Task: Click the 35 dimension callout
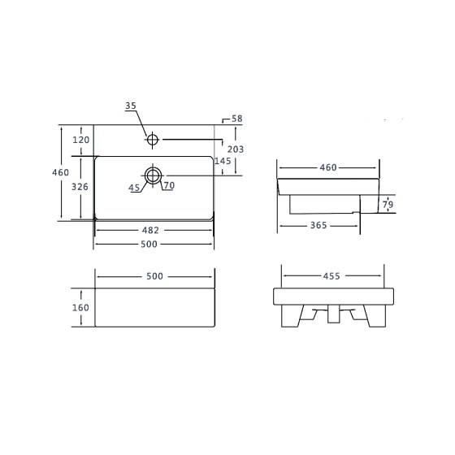point(131,106)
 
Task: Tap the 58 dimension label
point(236,119)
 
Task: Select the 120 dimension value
point(80,140)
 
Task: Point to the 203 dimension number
point(236,149)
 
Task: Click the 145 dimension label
point(223,161)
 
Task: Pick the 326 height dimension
point(80,187)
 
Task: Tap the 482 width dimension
point(150,230)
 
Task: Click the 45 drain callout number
point(134,188)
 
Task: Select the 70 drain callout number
point(169,185)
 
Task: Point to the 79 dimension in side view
point(388,205)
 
